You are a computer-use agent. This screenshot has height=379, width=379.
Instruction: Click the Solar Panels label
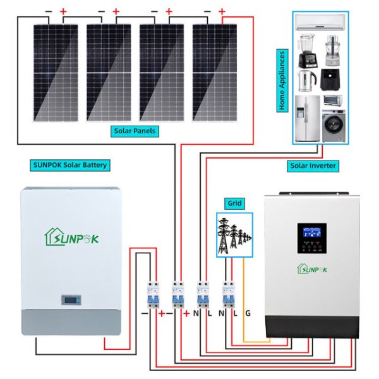pyautogui.click(x=135, y=131)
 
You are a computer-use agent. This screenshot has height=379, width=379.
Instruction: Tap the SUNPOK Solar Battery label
pyautogui.click(x=70, y=165)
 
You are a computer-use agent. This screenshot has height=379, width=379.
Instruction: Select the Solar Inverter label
pyautogui.click(x=313, y=166)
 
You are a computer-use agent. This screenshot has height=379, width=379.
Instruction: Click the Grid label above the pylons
pyautogui.click(x=234, y=204)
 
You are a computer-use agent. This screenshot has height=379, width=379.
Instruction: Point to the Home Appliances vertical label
pyautogui.click(x=282, y=80)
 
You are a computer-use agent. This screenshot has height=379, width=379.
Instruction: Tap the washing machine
pyautogui.click(x=333, y=126)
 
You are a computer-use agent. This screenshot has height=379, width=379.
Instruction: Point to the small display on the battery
pyautogui.click(x=71, y=300)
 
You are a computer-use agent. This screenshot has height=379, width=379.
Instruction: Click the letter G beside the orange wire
pyautogui.click(x=248, y=313)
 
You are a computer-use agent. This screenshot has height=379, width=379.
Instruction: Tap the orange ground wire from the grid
pyautogui.click(x=244, y=297)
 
